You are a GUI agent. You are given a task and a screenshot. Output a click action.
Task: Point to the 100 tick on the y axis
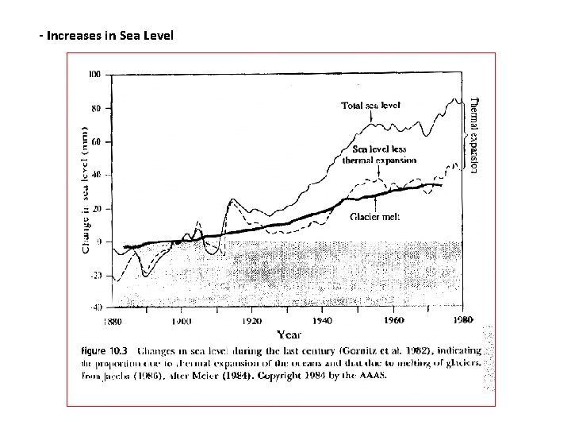pyautogui.click(x=94, y=74)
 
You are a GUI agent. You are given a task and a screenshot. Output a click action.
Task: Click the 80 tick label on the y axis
pyautogui.click(x=96, y=108)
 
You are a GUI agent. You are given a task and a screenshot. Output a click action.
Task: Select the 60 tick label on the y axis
pyautogui.click(x=96, y=141)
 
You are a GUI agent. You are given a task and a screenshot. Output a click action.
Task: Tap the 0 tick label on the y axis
pyautogui.click(x=98, y=241)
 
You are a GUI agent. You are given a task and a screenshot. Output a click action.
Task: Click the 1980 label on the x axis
pyautogui.click(x=462, y=320)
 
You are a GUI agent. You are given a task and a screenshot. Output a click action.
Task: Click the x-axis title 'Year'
pyautogui.click(x=288, y=334)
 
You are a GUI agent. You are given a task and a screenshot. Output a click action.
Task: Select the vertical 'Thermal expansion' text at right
pyautogui.click(x=474, y=135)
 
